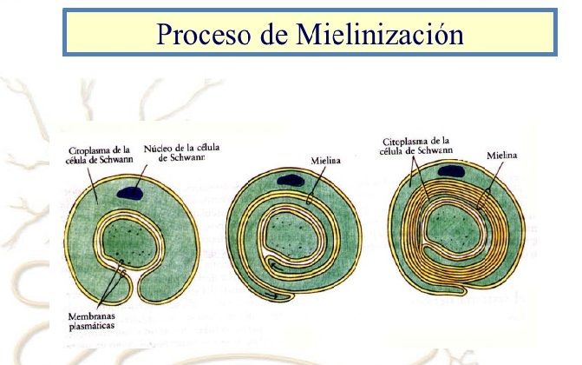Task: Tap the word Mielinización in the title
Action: tap(380, 34)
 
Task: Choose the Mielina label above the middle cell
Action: tap(325, 161)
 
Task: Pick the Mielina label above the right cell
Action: tap(502, 155)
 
